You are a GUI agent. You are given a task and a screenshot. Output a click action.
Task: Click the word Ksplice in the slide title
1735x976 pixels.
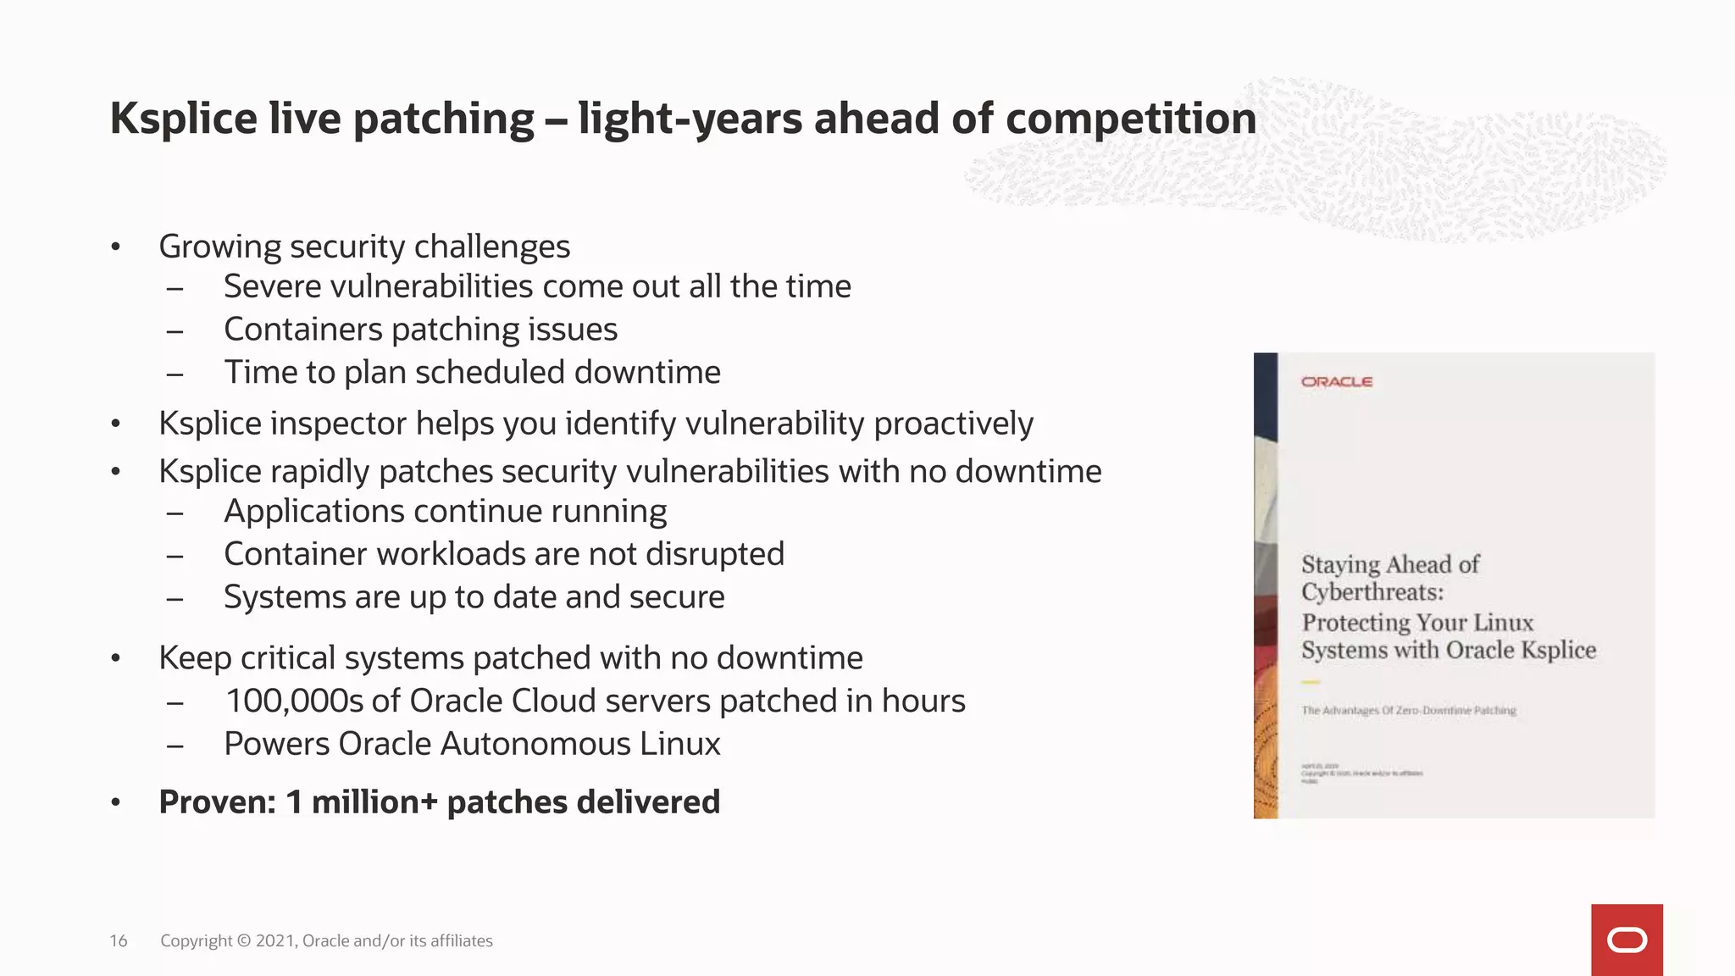(183, 119)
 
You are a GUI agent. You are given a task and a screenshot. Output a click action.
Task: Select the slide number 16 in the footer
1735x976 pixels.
(119, 940)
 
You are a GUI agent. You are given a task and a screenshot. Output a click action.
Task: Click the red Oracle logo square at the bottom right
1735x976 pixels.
(1627, 940)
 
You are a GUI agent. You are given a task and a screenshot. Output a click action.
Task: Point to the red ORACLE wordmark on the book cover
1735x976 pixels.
(1337, 382)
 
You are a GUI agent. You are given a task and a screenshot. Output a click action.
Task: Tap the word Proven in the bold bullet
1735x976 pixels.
(217, 802)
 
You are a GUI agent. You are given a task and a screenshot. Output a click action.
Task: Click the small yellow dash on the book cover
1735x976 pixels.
(1311, 682)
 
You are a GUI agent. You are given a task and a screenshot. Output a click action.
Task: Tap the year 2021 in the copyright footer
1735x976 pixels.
(275, 940)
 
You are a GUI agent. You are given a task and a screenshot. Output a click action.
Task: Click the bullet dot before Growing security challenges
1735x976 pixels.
(116, 247)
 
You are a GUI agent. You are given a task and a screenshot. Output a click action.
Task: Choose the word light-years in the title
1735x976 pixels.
(690, 119)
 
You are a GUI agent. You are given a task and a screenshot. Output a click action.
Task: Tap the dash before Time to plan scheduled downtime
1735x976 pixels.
(175, 374)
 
